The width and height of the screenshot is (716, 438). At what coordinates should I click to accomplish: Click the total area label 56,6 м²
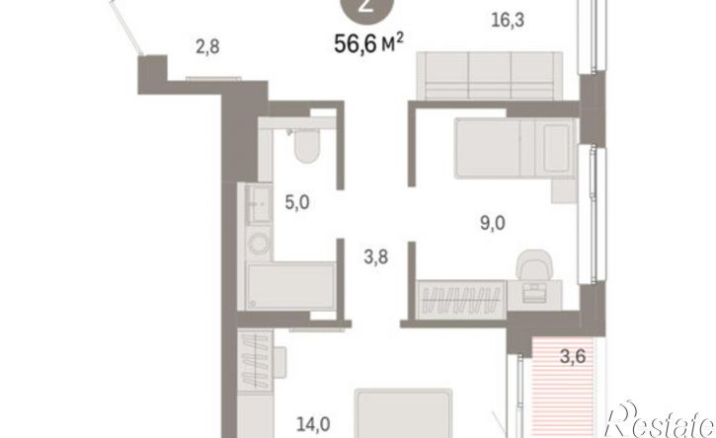pyautogui.click(x=369, y=43)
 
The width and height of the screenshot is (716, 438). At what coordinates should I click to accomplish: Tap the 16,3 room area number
pyautogui.click(x=508, y=21)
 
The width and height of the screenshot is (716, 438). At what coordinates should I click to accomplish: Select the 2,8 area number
pyautogui.click(x=207, y=46)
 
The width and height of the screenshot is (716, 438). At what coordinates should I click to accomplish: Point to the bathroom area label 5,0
pyautogui.click(x=297, y=202)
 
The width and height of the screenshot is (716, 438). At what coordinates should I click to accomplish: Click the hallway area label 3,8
pyautogui.click(x=376, y=257)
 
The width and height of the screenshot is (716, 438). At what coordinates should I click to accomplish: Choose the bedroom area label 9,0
pyautogui.click(x=493, y=223)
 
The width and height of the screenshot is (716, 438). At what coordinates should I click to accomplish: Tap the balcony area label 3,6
pyautogui.click(x=573, y=355)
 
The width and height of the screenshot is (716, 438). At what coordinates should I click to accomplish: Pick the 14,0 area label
pyautogui.click(x=313, y=425)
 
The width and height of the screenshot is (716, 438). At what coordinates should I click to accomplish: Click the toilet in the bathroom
pyautogui.click(x=307, y=146)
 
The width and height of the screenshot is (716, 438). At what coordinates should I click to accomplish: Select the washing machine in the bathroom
pyautogui.click(x=259, y=244)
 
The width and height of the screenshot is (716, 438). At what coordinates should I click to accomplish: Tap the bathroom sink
pyautogui.click(x=259, y=204)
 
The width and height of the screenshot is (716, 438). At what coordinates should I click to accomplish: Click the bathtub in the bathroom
pyautogui.click(x=290, y=286)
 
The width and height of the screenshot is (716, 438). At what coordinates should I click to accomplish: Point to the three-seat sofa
pyautogui.click(x=490, y=75)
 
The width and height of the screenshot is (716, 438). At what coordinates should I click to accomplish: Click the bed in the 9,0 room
pyautogui.click(x=517, y=148)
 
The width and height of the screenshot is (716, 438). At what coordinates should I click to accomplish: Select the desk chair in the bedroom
pyautogui.click(x=534, y=264)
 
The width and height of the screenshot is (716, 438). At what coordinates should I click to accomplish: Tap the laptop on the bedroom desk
pyautogui.click(x=534, y=292)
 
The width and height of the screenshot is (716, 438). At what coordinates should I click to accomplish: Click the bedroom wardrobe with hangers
pyautogui.click(x=461, y=299)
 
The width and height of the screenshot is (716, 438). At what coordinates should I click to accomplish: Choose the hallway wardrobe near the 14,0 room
pyautogui.click(x=255, y=361)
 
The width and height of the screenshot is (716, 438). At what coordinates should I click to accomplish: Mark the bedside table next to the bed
pyautogui.click(x=564, y=190)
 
